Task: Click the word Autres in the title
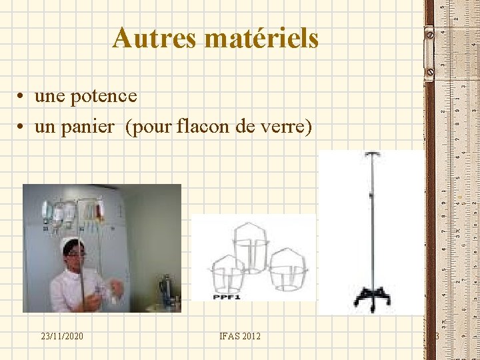click(x=155, y=39)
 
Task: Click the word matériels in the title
click(x=262, y=39)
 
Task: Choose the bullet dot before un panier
click(x=23, y=127)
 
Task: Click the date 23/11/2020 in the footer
click(x=61, y=336)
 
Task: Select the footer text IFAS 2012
click(x=239, y=336)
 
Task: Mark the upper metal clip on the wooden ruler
click(x=429, y=33)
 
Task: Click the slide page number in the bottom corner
click(x=437, y=336)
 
